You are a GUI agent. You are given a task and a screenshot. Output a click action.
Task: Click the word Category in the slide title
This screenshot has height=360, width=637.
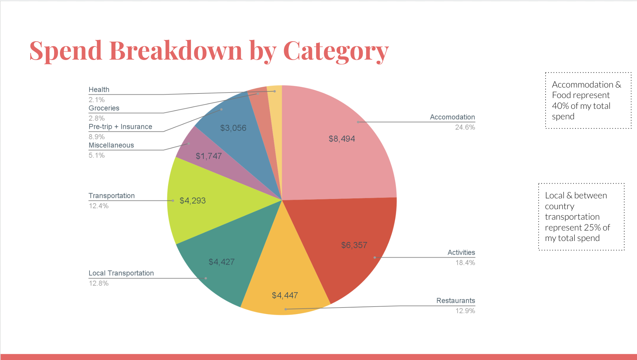coord(336,51)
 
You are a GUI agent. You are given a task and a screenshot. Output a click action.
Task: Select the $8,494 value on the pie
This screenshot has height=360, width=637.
coord(342,139)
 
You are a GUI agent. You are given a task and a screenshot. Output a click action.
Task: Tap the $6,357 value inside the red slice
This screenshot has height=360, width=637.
coord(354,245)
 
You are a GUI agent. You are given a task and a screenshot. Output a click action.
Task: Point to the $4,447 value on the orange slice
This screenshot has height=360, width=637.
coord(285,295)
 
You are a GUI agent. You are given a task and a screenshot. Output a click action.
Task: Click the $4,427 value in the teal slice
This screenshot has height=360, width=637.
coord(222,262)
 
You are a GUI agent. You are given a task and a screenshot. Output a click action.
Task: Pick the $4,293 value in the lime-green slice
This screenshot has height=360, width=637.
coord(192,201)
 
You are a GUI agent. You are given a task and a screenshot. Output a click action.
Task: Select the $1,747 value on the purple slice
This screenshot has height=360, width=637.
coord(208,156)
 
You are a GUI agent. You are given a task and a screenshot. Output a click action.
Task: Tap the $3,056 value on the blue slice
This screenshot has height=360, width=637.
coord(233,128)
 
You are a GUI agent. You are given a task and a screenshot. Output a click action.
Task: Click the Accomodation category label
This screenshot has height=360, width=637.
coord(452,117)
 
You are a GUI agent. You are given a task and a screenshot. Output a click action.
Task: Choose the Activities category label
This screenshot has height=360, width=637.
coord(461,252)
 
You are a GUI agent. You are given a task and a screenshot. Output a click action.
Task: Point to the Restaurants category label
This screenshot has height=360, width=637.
coord(455,301)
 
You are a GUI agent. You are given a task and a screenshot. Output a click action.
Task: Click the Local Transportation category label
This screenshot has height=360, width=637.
coord(121,273)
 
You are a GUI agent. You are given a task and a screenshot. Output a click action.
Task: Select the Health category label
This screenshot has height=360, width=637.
coord(99,90)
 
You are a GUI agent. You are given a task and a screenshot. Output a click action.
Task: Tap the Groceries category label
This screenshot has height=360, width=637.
coord(104,108)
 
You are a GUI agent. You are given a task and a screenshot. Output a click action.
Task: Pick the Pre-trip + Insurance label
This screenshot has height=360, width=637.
coord(120,127)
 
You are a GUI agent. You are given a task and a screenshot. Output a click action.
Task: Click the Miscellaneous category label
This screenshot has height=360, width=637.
coord(111,145)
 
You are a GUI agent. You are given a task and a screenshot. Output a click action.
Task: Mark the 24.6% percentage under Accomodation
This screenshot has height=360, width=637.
coord(465,127)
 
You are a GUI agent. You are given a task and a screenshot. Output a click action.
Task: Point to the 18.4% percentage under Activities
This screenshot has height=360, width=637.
coord(465,263)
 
